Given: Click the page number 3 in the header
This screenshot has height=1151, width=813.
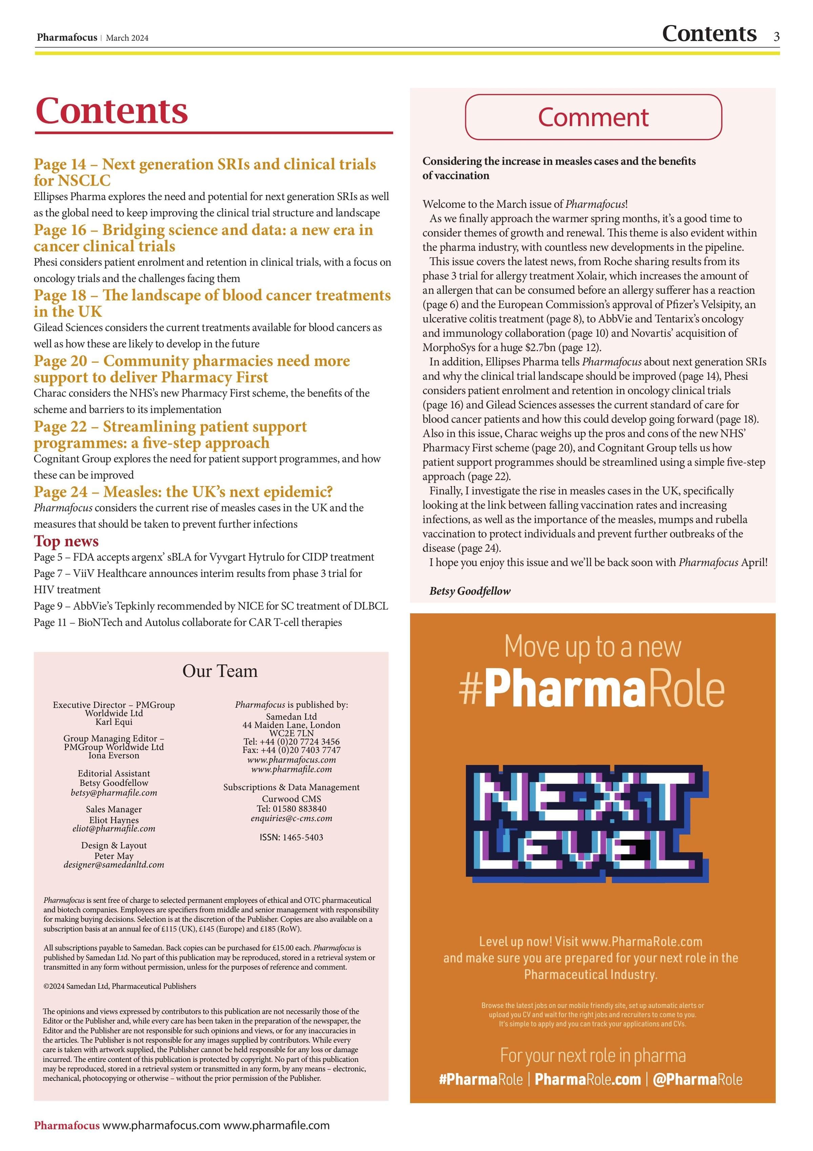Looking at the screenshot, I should (776, 36).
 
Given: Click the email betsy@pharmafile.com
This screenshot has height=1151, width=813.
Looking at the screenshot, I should (114, 793).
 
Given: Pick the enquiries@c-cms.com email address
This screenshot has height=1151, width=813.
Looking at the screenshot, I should (291, 818).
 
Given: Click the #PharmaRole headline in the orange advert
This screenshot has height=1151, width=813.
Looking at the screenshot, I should (592, 689).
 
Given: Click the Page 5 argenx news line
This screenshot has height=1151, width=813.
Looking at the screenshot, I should (204, 557).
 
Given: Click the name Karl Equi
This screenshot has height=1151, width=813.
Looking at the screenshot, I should (114, 722).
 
